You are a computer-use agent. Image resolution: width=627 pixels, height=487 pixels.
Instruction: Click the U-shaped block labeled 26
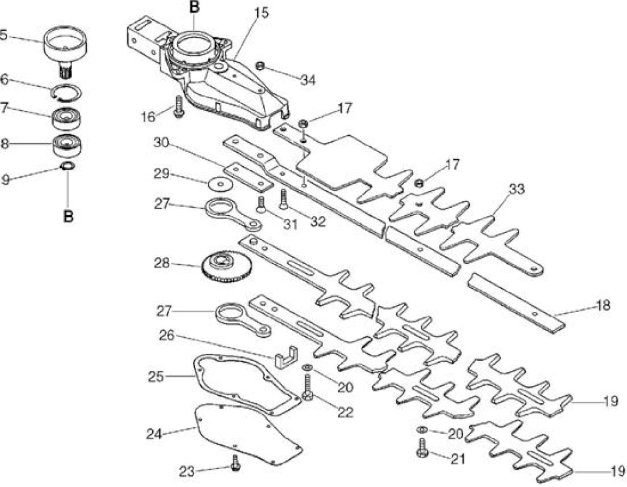tap(286, 358)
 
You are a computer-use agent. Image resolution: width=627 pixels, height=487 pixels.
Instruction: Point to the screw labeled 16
tap(179, 106)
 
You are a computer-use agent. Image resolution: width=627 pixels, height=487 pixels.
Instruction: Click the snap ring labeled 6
tap(67, 93)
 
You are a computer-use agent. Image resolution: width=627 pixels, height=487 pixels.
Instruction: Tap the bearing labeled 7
tap(67, 119)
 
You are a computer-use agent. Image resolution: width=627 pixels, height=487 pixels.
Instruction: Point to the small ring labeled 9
tap(69, 166)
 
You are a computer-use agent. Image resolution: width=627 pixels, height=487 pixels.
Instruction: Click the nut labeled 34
tap(260, 66)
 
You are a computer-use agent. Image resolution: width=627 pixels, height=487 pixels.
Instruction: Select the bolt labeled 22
tap(307, 387)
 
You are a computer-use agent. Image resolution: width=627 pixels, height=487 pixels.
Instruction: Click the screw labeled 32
tap(283, 199)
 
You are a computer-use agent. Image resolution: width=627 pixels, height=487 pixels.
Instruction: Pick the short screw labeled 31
tap(261, 205)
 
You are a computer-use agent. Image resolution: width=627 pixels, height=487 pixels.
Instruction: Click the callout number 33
tap(516, 189)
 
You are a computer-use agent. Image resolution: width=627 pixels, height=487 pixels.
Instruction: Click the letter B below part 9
tap(69, 217)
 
